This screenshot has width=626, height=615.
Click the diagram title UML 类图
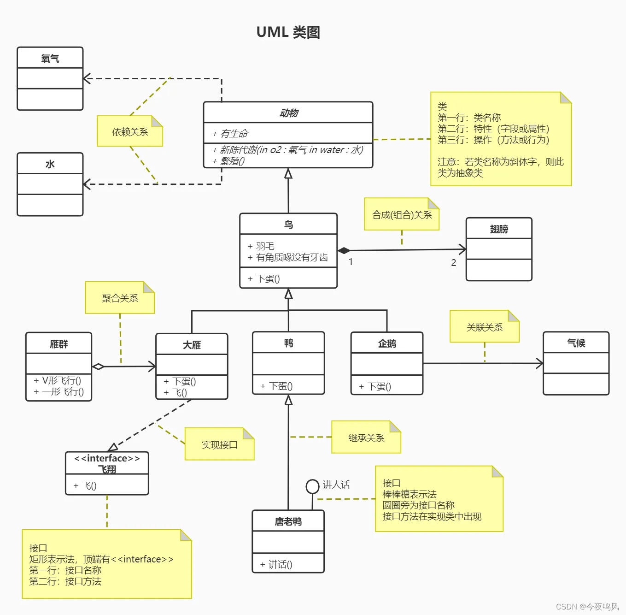[288, 32]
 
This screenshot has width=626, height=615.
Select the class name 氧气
[50, 59]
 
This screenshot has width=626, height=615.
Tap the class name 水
[50, 164]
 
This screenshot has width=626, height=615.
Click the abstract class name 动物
[288, 113]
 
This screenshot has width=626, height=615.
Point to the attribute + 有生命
[230, 134]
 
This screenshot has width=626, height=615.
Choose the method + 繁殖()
[228, 161]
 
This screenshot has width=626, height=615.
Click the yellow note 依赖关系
[130, 132]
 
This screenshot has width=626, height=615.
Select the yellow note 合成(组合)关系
[402, 215]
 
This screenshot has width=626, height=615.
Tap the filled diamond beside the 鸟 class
[344, 250]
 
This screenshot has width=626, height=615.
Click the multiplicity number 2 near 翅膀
[453, 262]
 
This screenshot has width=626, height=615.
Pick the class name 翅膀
[499, 229]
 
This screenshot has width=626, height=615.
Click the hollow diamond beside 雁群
[98, 367]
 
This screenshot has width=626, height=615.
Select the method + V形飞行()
[58, 380]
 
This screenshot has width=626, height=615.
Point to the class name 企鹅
[387, 343]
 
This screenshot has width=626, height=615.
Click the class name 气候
[576, 343]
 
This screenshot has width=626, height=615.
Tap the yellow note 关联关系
[484, 327]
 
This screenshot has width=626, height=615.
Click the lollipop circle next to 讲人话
[312, 486]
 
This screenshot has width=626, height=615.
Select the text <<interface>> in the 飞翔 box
[107, 458]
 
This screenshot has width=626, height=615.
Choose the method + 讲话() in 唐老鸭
[276, 564]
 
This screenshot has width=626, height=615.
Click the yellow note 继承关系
[366, 438]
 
